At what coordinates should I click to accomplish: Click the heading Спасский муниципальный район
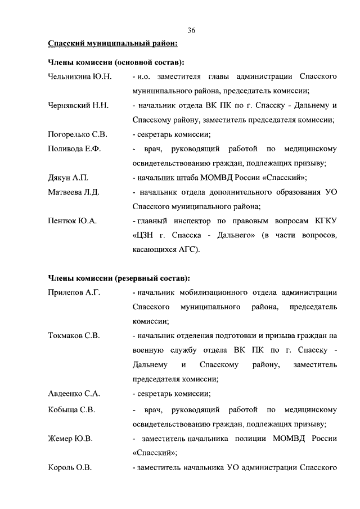(113, 43)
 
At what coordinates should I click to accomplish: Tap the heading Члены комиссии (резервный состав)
(119, 278)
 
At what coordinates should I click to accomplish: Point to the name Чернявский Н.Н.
(78, 105)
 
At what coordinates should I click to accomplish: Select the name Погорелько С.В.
(78, 134)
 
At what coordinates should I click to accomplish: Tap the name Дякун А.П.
(69, 178)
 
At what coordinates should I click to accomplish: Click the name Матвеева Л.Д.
(74, 192)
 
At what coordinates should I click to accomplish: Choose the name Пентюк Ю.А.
(73, 221)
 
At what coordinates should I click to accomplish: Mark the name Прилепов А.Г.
(74, 292)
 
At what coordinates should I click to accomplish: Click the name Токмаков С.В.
(74, 336)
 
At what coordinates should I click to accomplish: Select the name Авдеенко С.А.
(74, 394)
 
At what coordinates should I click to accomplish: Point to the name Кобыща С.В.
(71, 409)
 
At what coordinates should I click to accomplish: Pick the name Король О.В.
(70, 467)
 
